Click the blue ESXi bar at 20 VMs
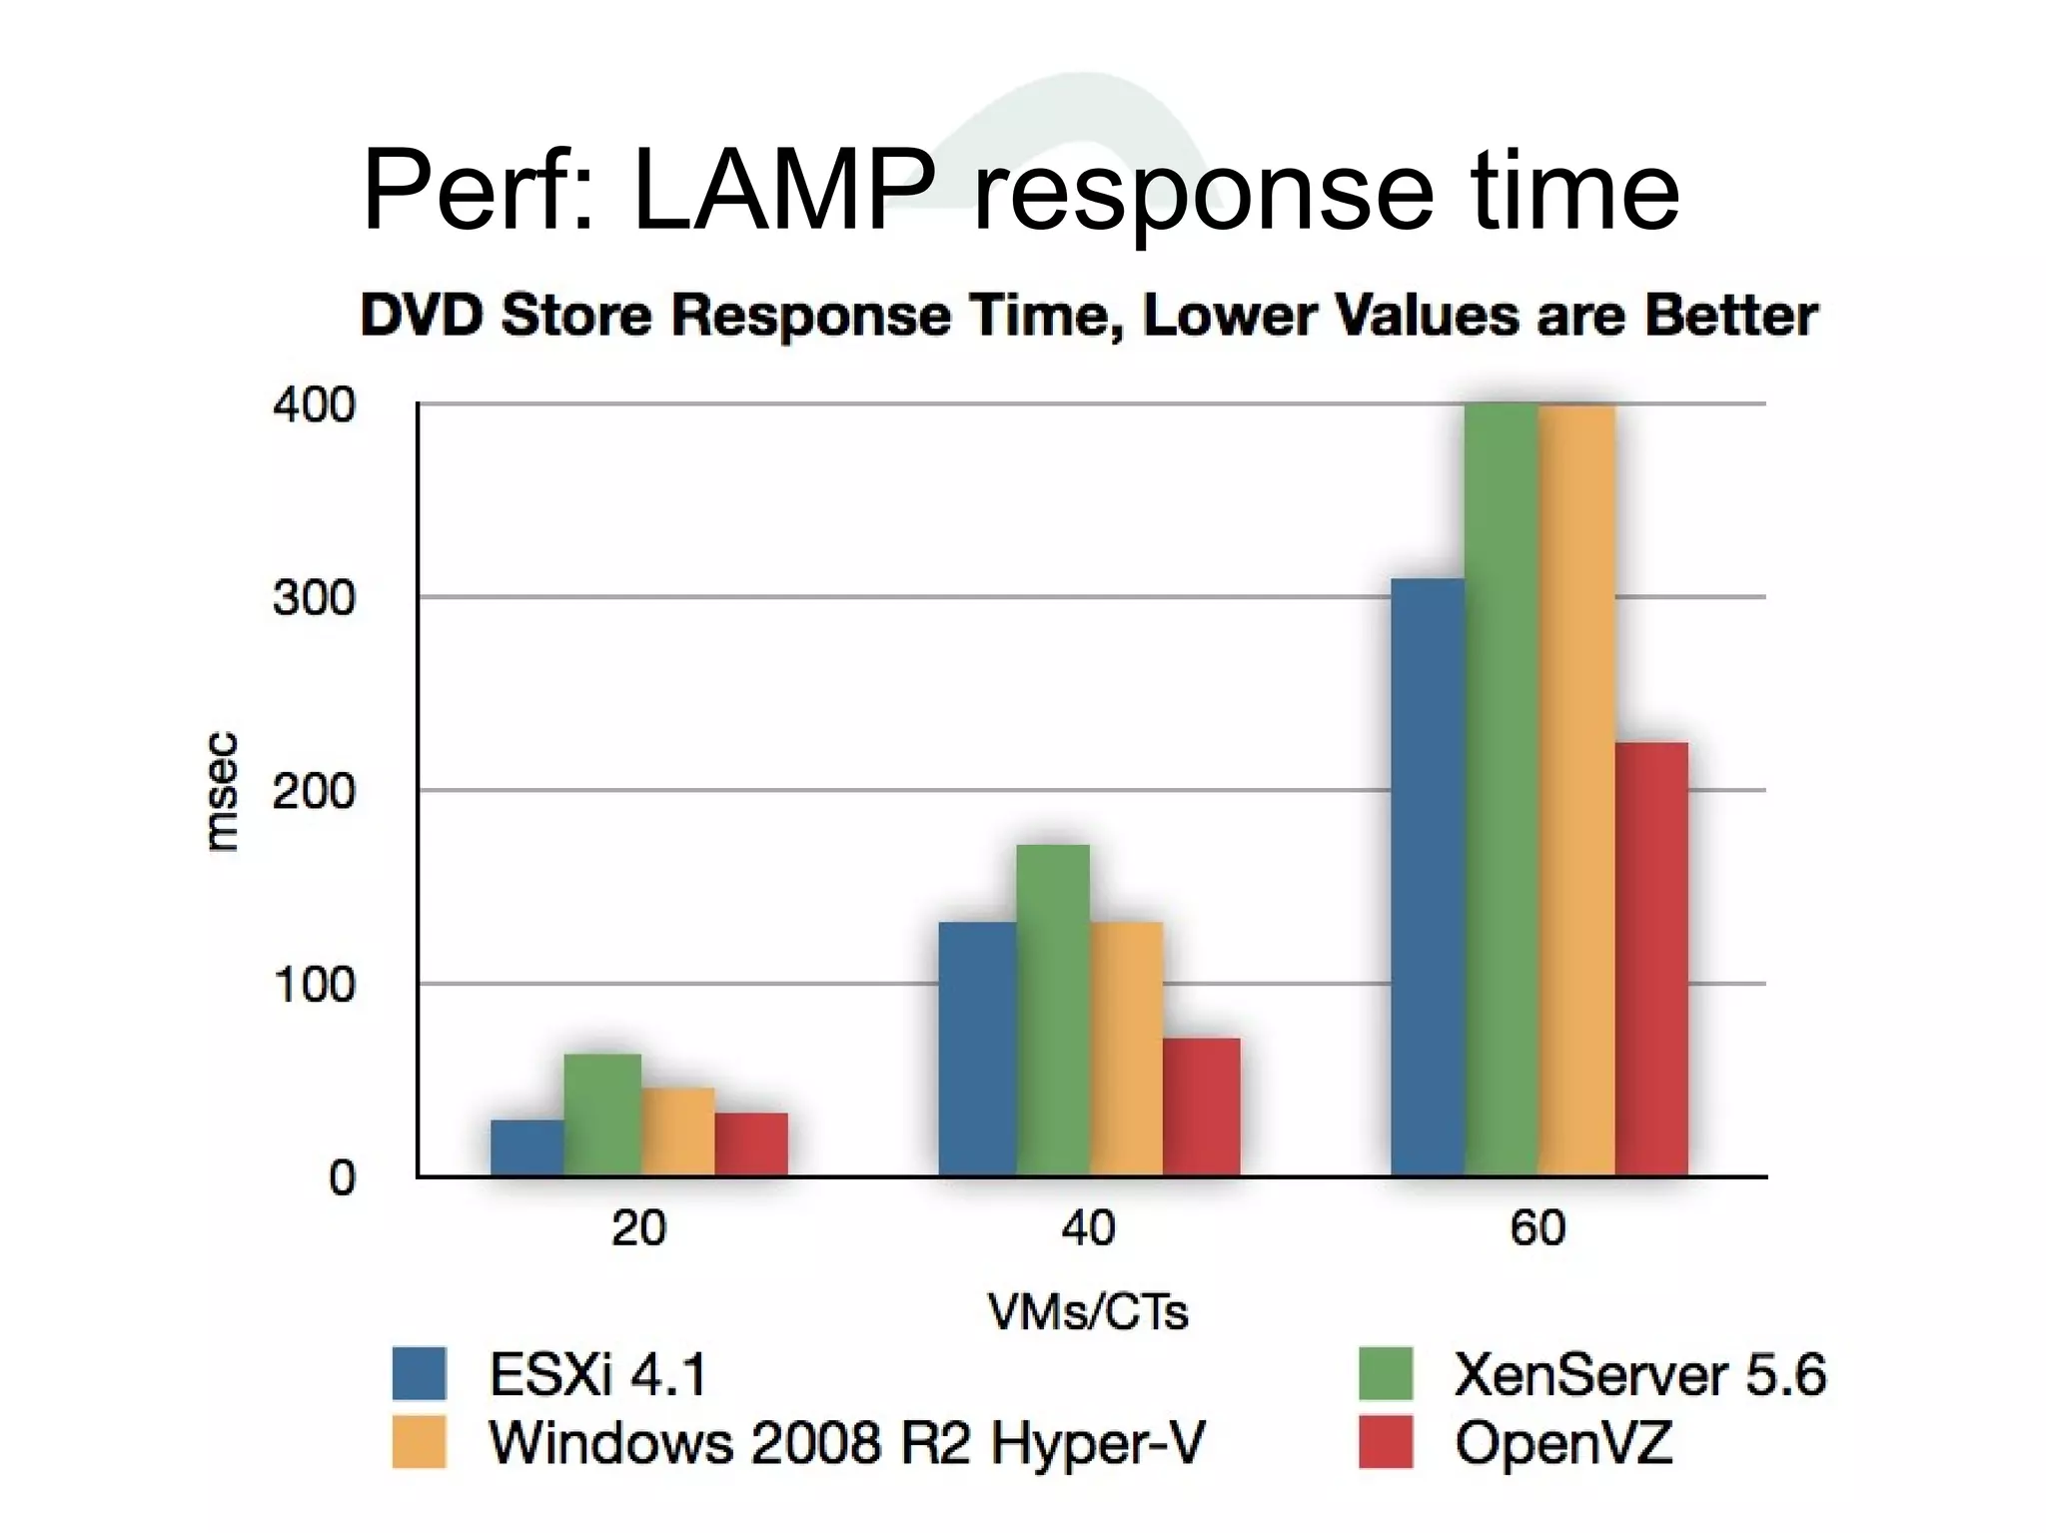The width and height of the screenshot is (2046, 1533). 527,1148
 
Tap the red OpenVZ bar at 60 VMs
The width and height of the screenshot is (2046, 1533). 1651,959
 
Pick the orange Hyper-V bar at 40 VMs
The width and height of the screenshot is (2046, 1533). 1126,1049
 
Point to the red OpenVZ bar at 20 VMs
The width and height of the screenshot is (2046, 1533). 751,1145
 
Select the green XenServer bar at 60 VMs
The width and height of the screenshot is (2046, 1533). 1501,789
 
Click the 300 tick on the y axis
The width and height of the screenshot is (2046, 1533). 314,598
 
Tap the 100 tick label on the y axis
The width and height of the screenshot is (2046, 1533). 314,985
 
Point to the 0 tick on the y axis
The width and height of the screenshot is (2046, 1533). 342,1178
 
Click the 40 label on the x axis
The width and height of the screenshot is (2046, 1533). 1088,1227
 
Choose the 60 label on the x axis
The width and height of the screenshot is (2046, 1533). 1537,1227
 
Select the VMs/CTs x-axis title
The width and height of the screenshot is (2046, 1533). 1088,1311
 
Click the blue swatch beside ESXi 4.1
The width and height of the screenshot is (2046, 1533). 419,1373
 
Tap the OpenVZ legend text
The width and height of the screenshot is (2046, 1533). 1562,1443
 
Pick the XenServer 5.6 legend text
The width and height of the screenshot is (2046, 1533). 1639,1374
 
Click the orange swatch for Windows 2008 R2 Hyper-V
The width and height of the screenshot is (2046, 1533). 419,1442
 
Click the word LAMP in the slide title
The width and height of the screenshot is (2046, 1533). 784,190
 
